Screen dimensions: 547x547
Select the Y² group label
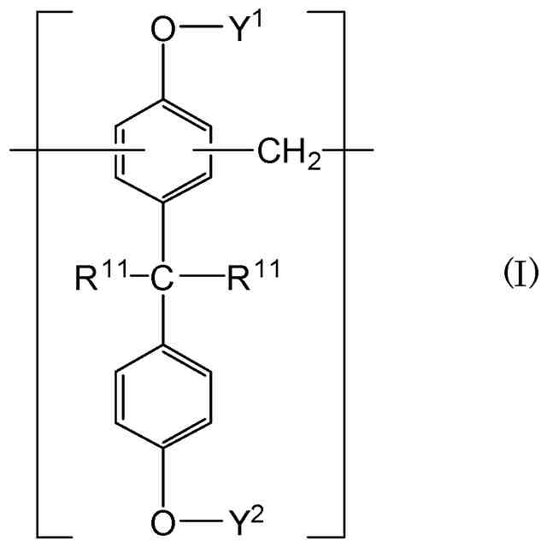(x=221, y=515)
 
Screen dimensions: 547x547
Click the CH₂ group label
(x=281, y=154)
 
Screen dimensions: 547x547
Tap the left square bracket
(x=39, y=274)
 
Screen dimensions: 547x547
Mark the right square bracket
(x=341, y=274)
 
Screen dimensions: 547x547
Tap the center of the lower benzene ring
(x=161, y=397)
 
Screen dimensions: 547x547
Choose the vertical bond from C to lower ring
(x=161, y=316)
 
